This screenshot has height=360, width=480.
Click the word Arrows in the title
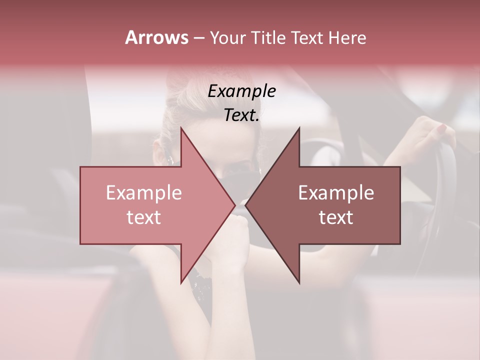156,38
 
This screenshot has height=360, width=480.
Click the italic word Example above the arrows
241,91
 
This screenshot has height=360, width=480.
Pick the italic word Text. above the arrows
241,115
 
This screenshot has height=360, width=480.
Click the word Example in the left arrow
143,193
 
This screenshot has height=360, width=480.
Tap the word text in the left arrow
143,217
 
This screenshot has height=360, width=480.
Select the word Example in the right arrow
336,193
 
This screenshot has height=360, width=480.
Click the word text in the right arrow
336,217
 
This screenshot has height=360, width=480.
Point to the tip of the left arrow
235,205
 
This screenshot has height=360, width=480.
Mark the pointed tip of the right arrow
245,205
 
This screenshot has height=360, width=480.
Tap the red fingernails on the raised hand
441,128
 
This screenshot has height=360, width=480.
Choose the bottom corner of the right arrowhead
299,283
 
